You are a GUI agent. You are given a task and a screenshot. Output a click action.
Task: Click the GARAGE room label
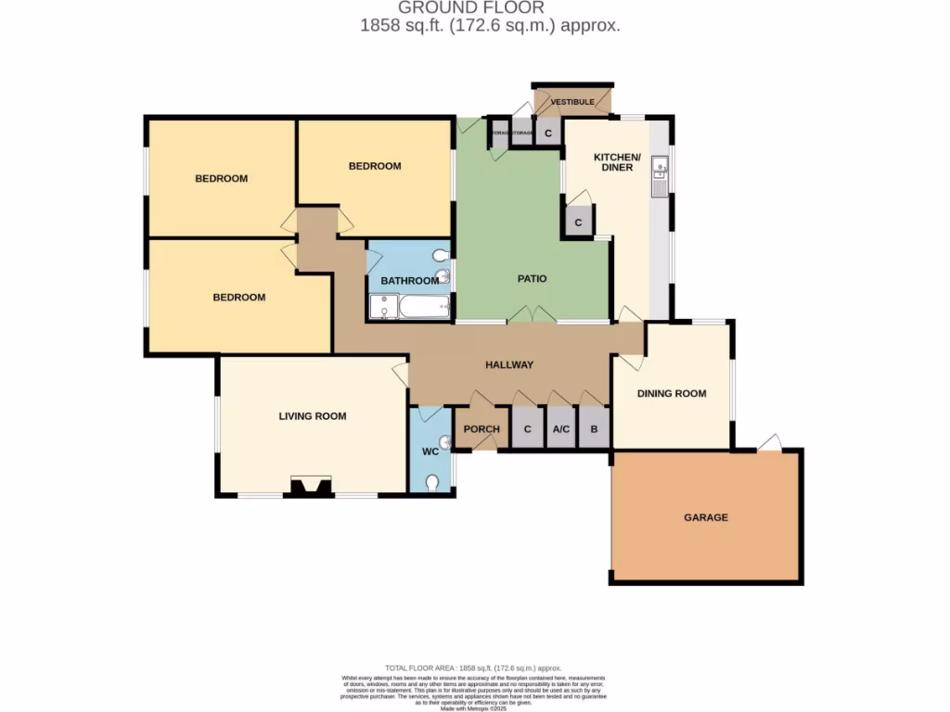tap(707, 517)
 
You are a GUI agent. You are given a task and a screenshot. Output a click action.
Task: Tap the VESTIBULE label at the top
tap(572, 102)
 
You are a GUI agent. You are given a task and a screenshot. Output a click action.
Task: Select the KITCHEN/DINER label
tap(613, 161)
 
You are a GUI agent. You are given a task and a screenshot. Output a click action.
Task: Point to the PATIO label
tap(532, 278)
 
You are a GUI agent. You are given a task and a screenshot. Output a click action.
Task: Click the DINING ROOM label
tap(671, 393)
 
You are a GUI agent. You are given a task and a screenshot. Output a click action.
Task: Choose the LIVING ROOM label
tap(312, 416)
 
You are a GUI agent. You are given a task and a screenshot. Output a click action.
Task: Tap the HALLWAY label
tap(509, 364)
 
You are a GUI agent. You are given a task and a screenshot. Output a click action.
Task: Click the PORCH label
tap(481, 429)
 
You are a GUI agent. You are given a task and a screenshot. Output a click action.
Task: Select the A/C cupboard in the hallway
tap(560, 429)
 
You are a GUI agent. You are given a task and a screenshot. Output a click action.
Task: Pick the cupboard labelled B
tap(594, 429)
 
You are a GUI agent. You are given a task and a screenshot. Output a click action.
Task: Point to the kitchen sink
tap(660, 169)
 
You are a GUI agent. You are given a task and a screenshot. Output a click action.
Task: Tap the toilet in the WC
tap(432, 482)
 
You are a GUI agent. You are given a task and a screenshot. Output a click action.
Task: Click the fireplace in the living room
tap(310, 487)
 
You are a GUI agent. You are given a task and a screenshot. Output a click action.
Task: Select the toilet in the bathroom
tap(442, 255)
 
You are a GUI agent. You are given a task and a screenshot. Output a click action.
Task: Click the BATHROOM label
tap(409, 281)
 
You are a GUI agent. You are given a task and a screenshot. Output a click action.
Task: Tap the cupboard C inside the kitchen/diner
tap(578, 223)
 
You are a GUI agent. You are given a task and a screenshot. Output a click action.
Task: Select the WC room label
tap(430, 451)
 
